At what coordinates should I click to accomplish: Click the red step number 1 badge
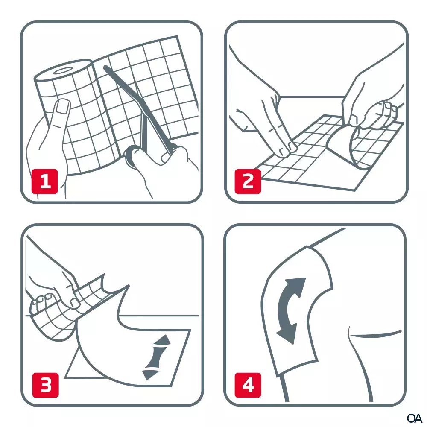click(x=45, y=182)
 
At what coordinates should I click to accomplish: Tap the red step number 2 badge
click(x=248, y=182)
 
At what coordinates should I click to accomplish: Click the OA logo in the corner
click(x=414, y=417)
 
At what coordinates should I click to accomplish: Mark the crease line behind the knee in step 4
click(x=376, y=336)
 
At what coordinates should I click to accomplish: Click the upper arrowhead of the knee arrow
click(x=299, y=284)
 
